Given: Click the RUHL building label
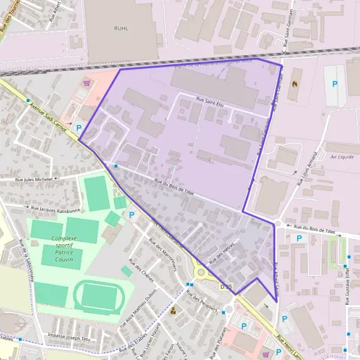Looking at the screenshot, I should point(121,27).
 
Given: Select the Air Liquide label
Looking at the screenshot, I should point(342,157).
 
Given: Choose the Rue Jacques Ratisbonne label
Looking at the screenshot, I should point(55,209).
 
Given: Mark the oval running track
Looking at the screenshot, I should point(98,296).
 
